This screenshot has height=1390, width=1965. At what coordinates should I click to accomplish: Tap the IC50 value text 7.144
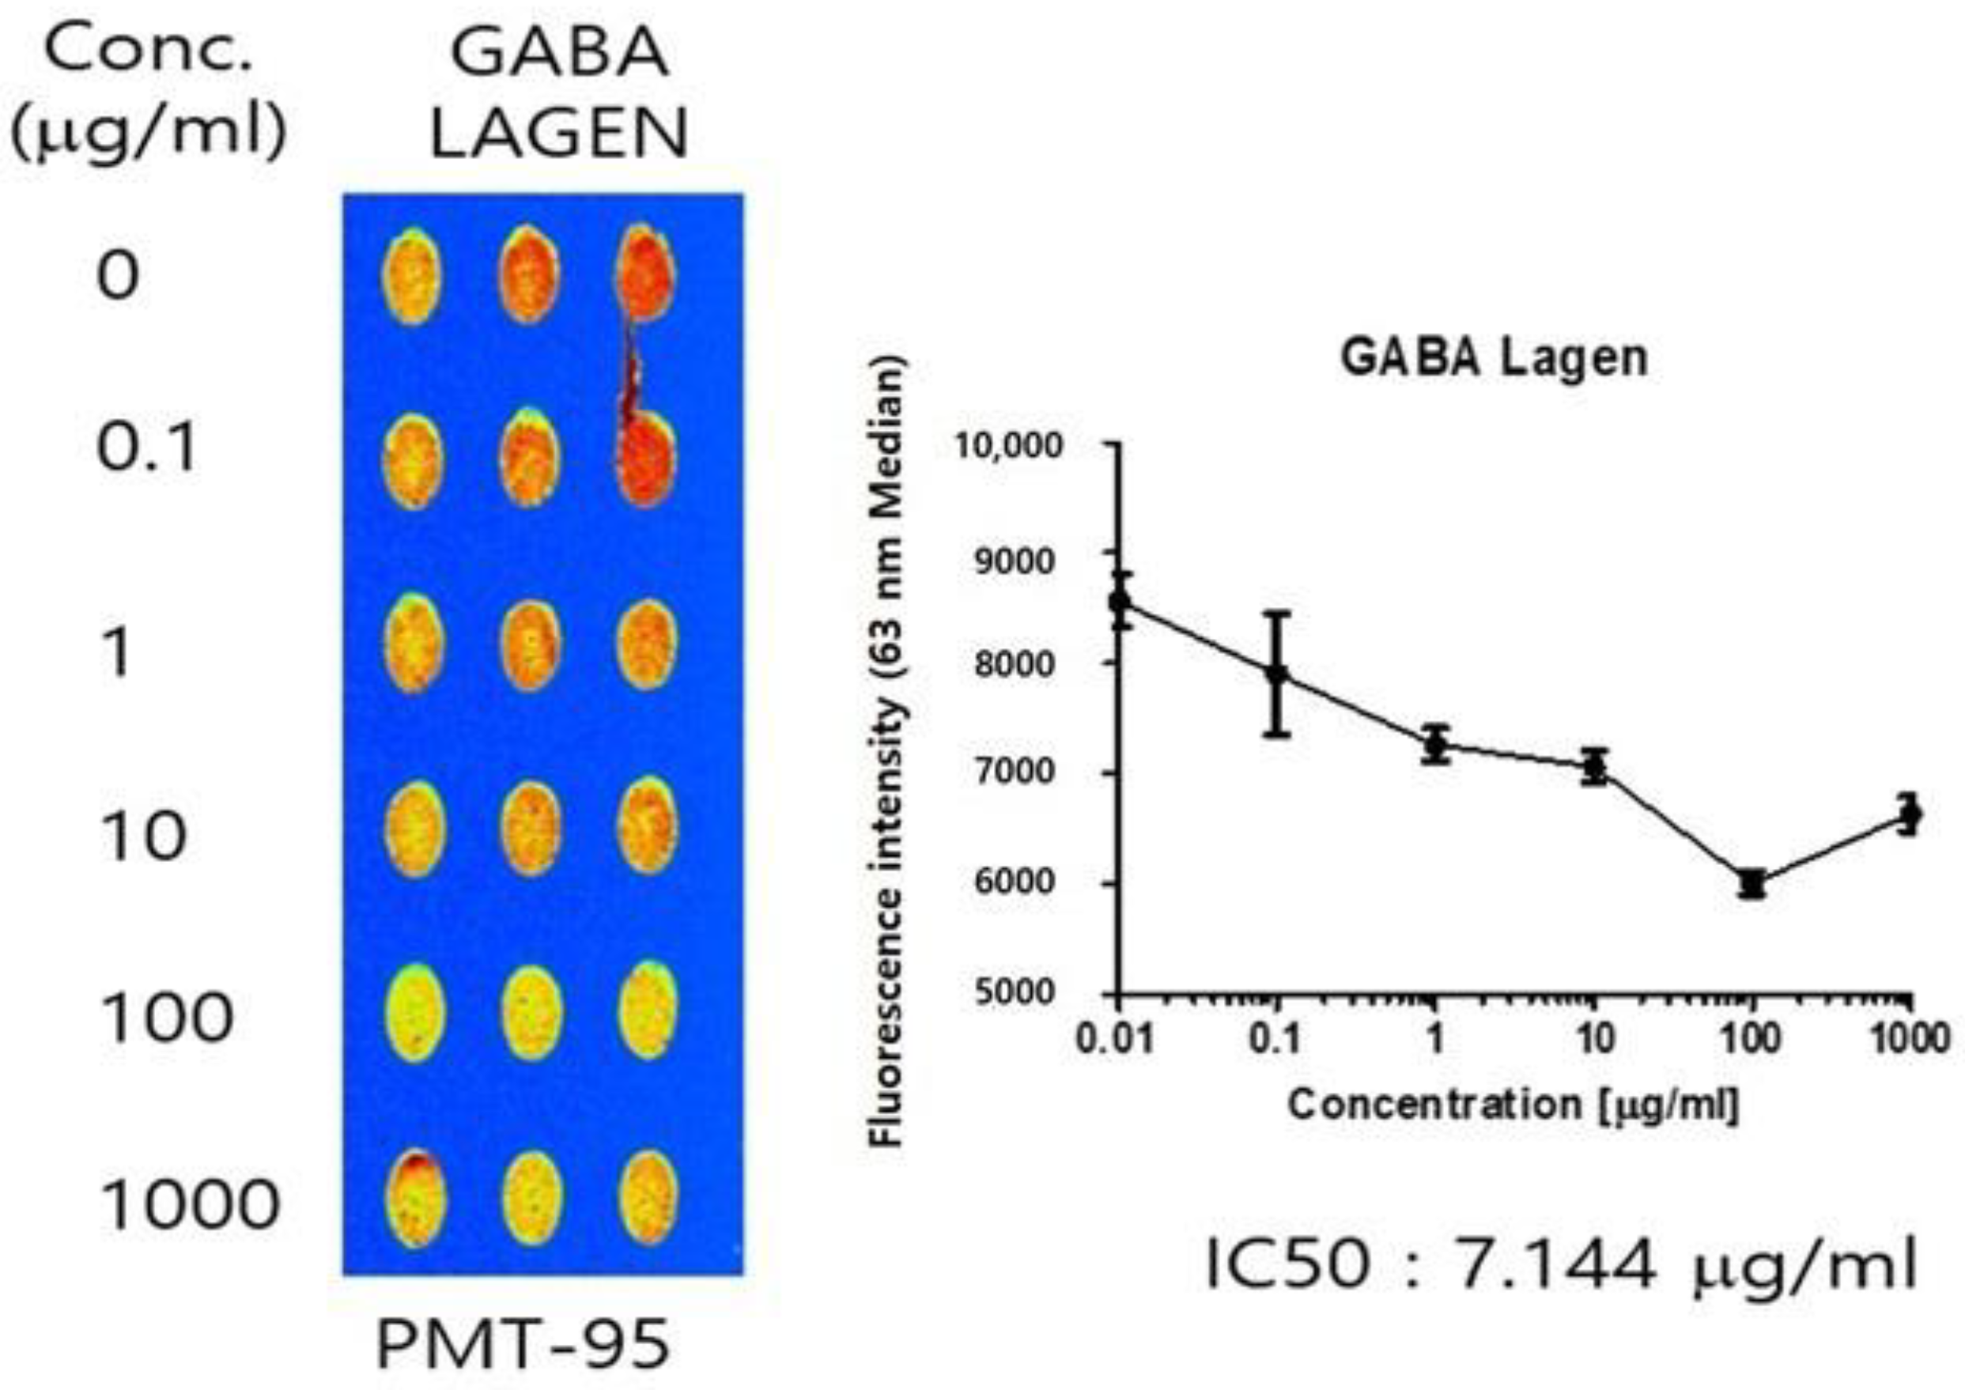click(1554, 1265)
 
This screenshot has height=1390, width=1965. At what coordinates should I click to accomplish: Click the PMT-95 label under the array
click(522, 1345)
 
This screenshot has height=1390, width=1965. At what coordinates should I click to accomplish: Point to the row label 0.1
click(146, 448)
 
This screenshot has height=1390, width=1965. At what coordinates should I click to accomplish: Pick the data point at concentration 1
click(1436, 746)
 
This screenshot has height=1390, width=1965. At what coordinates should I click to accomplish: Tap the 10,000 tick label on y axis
click(1006, 446)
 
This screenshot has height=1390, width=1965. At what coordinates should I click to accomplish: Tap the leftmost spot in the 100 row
click(416, 1013)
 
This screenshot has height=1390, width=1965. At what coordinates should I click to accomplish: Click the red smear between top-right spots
click(633, 372)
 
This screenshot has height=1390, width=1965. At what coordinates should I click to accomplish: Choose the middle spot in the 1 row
click(530, 645)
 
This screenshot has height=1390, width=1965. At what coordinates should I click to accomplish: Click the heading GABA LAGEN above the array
click(558, 94)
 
